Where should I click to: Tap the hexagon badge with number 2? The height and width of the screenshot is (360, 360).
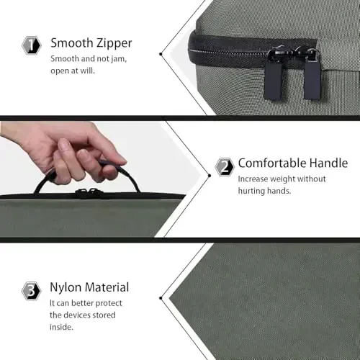pos(225,166)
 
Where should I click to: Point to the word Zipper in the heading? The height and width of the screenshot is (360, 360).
pos(114,43)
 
